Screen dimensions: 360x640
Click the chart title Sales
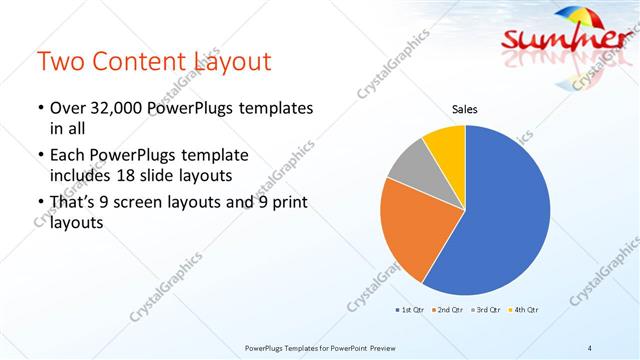465,110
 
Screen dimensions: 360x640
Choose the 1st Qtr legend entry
411,310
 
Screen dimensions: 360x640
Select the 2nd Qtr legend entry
447,310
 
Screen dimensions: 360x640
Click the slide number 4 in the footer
590,347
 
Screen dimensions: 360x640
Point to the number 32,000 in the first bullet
118,108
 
